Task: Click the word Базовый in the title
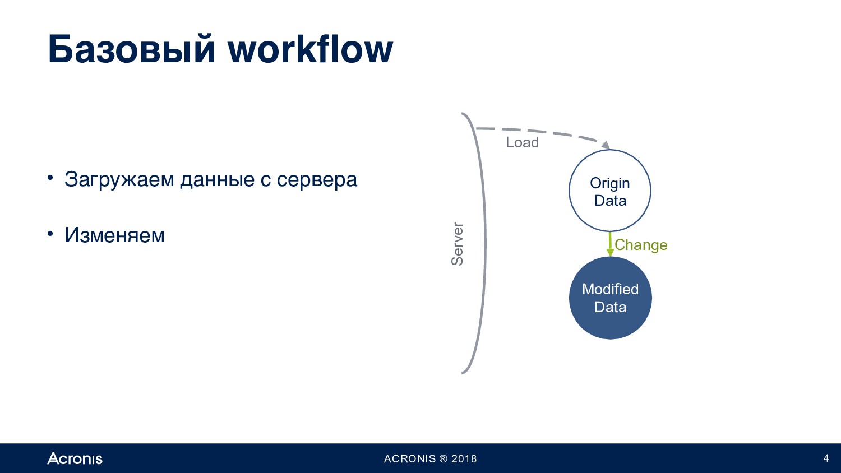(132, 49)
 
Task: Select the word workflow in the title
(311, 49)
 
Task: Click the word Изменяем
(114, 236)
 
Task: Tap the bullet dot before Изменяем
(50, 234)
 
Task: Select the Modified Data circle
(611, 298)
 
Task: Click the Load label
(522, 142)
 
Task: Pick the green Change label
(641, 245)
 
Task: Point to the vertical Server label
(457, 244)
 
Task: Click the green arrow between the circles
(610, 244)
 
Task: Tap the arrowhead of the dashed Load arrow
(605, 145)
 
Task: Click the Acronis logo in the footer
(75, 458)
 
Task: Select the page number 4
(826, 458)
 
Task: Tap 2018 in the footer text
(464, 459)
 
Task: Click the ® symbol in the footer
(443, 459)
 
